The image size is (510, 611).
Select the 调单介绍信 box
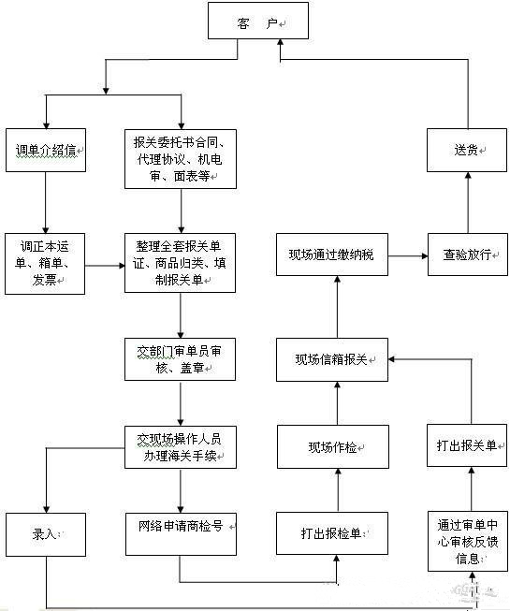pos(46,150)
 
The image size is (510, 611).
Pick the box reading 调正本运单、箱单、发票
pos(46,265)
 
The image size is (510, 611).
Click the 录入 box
pos(46,533)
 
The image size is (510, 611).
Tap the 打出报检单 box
pos(332,533)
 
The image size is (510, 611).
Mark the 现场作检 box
pos(332,447)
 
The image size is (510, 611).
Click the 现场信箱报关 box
pos(332,359)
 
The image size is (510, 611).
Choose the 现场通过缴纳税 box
pos(332,255)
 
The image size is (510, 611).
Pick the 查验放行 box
pos(467,255)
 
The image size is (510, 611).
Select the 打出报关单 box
pos(467,447)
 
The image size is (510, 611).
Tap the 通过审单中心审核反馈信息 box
pos(467,541)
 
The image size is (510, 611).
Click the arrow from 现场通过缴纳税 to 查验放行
pos(408,255)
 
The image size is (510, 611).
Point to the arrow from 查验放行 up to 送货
pos(467,202)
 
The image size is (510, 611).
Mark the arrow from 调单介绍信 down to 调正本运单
pos(46,202)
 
